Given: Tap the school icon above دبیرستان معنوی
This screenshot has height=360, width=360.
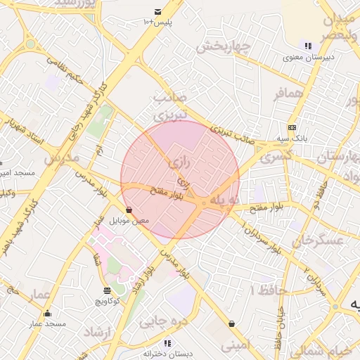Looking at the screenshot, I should (x=308, y=45).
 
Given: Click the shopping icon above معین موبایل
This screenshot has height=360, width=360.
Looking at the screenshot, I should (x=129, y=210).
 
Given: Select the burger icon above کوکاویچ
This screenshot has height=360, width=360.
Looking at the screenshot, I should (x=107, y=290).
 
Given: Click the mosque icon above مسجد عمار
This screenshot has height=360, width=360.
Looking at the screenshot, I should (x=47, y=313).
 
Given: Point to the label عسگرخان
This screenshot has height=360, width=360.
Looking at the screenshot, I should (x=319, y=241).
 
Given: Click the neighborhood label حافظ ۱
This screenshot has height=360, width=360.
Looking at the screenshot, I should (x=266, y=290).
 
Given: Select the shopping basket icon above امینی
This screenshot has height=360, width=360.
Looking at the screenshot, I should (x=232, y=324).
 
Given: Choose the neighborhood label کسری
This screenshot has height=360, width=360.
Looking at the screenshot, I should (x=275, y=159).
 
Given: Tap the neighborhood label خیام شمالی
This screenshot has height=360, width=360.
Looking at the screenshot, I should (x=333, y=351).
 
